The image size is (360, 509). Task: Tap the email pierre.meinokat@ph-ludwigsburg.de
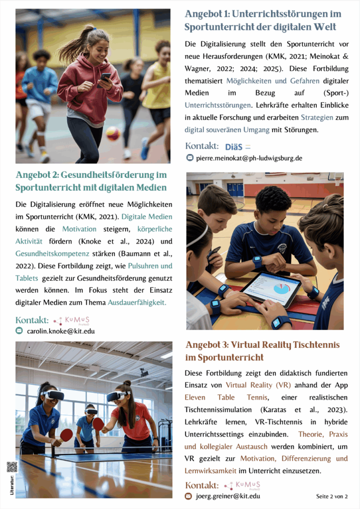[249, 159]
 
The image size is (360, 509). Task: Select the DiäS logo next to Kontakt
[238, 147]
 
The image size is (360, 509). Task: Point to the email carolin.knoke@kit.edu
[61, 331]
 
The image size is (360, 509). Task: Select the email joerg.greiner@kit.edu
[228, 496]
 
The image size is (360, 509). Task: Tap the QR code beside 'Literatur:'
[12, 467]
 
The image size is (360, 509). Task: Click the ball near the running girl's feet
[113, 133]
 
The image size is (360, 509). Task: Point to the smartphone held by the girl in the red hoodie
[106, 78]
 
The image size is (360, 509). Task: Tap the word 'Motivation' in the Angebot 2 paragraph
[79, 229]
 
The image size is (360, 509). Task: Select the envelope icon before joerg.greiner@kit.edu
[188, 496]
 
